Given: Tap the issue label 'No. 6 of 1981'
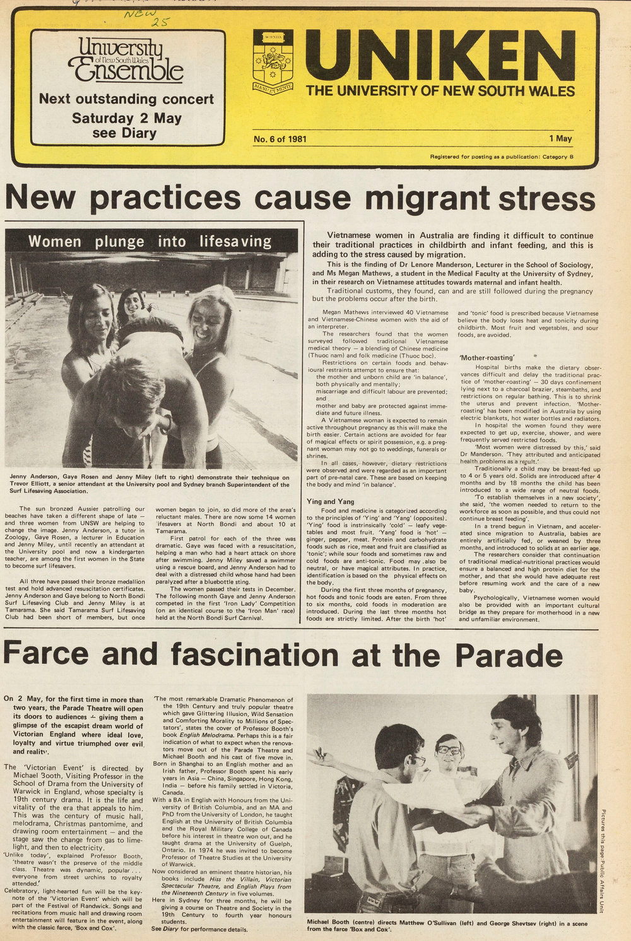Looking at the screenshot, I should coord(280,139).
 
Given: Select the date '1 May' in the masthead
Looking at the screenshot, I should coord(560,139).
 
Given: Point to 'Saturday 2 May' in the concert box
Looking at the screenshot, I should coord(126,118).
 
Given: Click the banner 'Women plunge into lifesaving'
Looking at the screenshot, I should coord(150,241).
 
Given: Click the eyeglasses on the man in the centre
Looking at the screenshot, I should coord(450,750).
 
